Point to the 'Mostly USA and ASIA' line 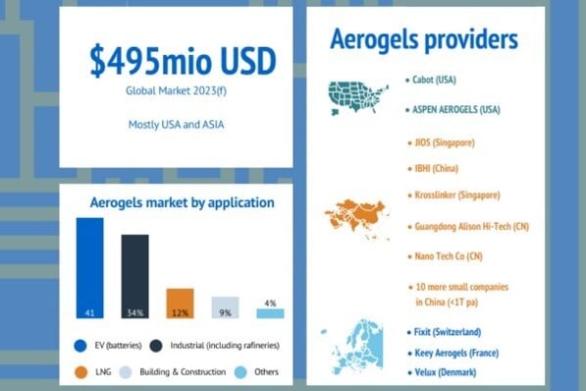tap(176, 125)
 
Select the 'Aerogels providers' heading tap(424, 41)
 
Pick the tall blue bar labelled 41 tap(89, 268)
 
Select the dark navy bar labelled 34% tap(134, 276)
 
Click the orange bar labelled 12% tap(180, 303)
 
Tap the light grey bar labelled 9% tap(225, 307)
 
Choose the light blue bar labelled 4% tap(270, 312)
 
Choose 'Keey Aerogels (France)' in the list tap(456, 352)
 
